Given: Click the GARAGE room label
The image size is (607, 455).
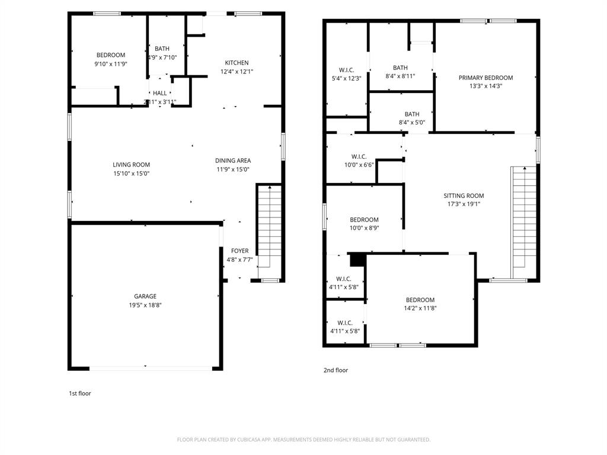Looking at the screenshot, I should click(x=145, y=296).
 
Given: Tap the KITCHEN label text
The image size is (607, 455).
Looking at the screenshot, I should click(x=237, y=63).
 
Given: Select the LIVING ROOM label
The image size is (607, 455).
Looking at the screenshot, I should click(x=132, y=165).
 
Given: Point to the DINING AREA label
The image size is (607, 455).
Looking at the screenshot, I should click(x=232, y=161).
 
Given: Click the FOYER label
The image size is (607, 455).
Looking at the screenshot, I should click(x=239, y=251).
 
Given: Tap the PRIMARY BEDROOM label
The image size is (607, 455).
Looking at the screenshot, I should click(x=485, y=78).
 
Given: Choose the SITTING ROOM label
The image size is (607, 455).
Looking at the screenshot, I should click(x=464, y=196).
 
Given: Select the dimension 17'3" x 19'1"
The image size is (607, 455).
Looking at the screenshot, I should click(x=464, y=204).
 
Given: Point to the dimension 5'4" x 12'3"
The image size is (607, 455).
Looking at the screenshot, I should click(x=346, y=78).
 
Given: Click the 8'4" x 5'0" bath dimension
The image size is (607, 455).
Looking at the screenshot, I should click(x=412, y=123).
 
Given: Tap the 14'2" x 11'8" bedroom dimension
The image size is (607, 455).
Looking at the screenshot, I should click(x=420, y=308).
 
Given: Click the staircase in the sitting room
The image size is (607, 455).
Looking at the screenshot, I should click(x=523, y=219).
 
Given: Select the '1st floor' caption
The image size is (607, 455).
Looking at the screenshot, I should click(x=80, y=393).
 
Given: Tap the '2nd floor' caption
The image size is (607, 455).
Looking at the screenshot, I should click(x=336, y=370).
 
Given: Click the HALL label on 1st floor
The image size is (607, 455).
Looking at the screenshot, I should click(x=160, y=93).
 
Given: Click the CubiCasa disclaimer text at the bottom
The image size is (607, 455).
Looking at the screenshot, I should click(x=303, y=440).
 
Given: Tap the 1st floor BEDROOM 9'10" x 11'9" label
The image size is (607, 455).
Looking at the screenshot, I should click(x=111, y=55).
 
